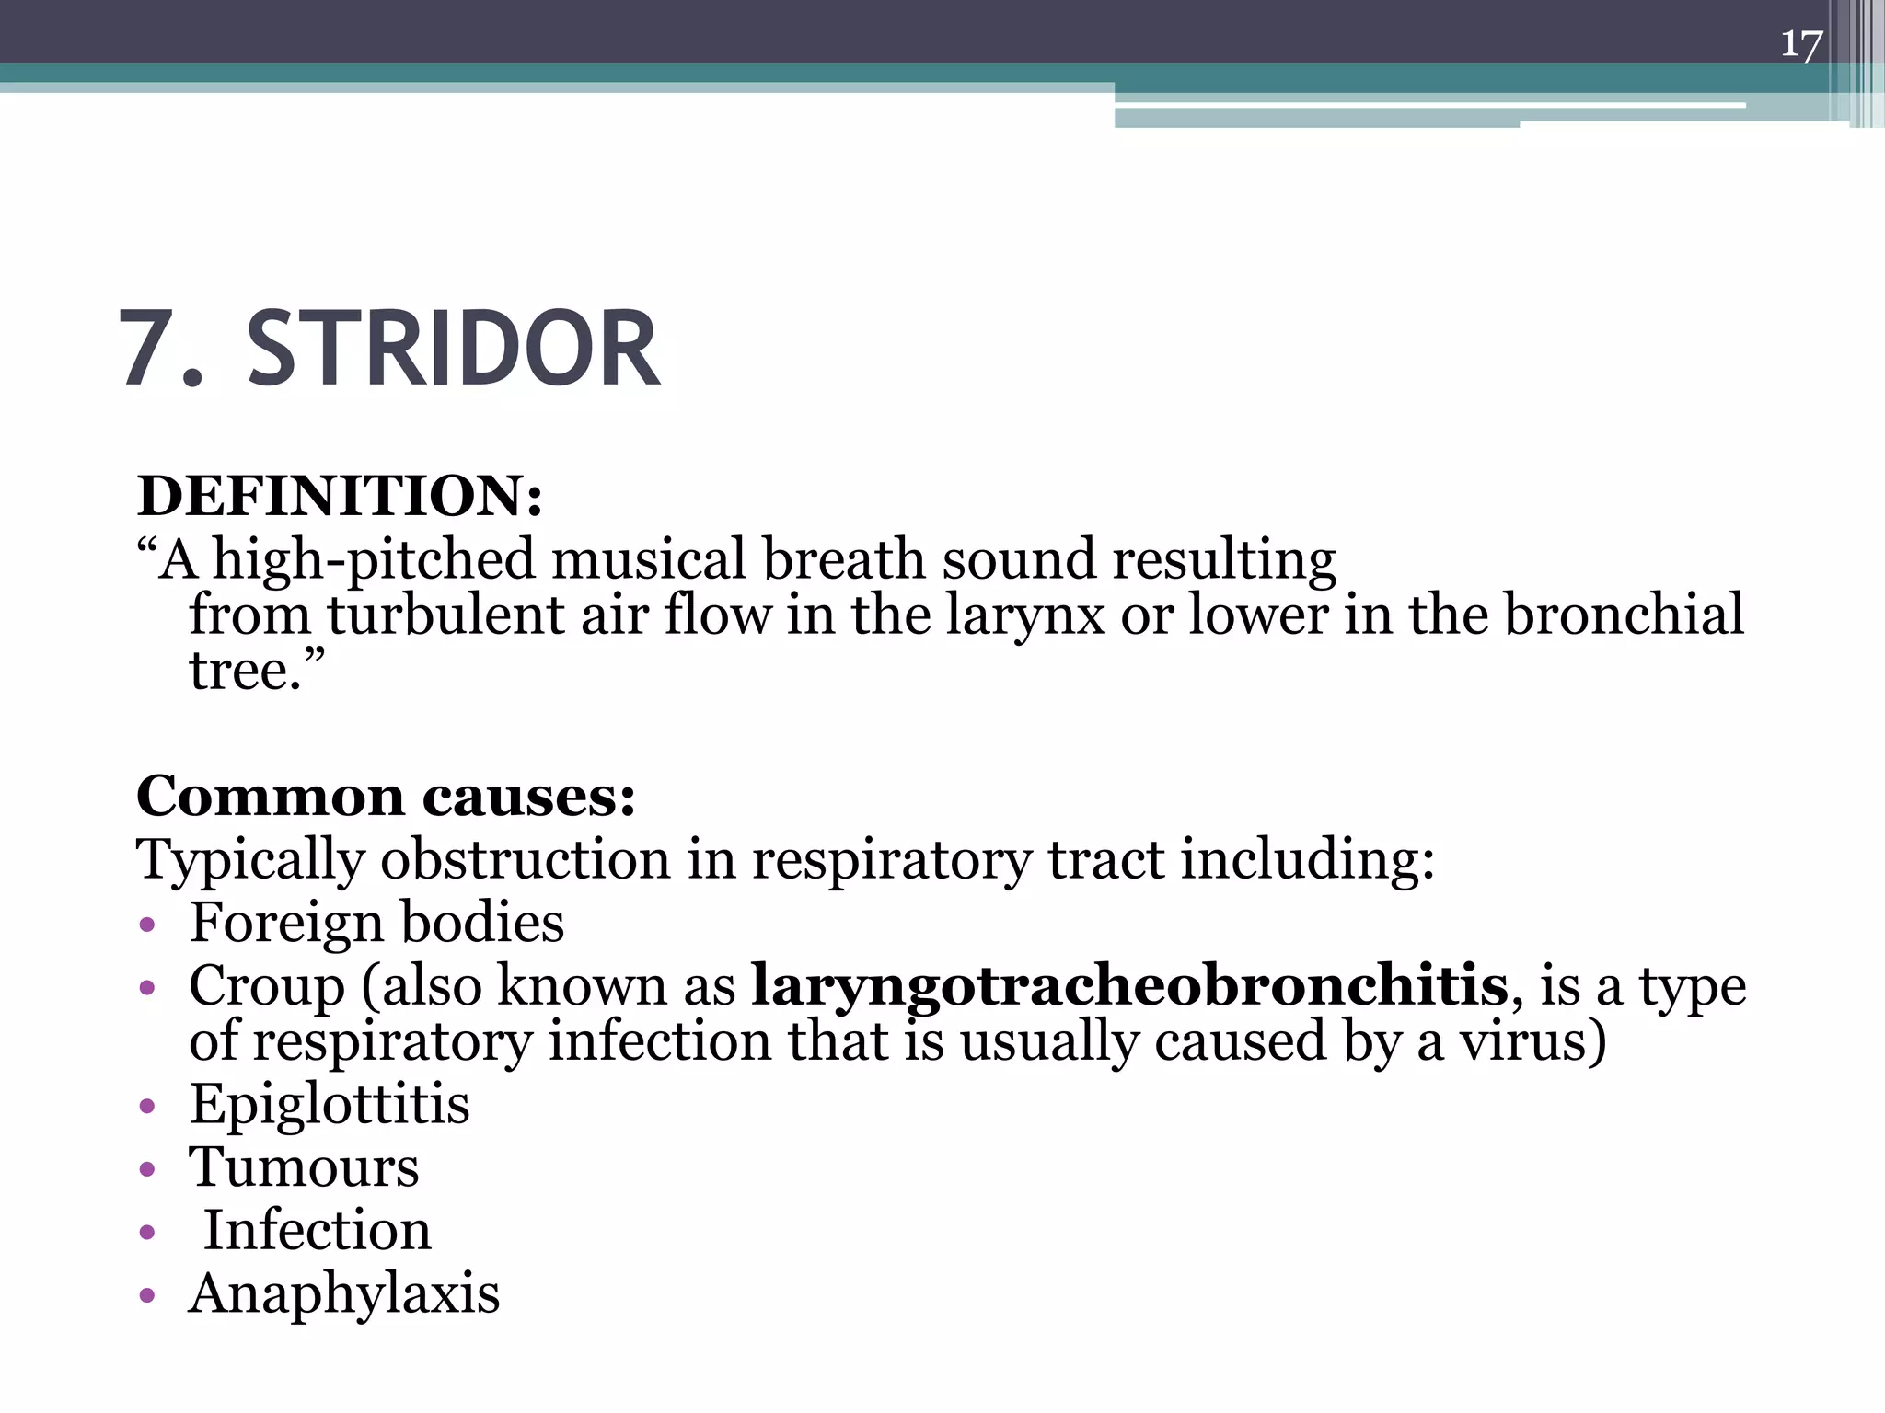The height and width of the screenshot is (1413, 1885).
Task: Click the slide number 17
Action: click(x=1800, y=44)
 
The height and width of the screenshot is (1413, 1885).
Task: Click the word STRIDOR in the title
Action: click(x=453, y=350)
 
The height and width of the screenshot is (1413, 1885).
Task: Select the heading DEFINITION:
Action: click(x=340, y=496)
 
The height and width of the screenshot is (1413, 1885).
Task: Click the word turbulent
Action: click(x=445, y=615)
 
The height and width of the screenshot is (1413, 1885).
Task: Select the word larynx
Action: click(x=1024, y=615)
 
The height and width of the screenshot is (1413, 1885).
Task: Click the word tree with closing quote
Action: click(x=257, y=670)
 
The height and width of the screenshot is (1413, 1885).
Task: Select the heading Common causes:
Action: click(x=386, y=796)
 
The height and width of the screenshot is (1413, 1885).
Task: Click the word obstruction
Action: click(x=526, y=860)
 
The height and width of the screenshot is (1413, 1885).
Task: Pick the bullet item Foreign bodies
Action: click(x=376, y=923)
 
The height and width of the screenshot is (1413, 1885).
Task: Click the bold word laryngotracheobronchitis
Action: click(x=1129, y=986)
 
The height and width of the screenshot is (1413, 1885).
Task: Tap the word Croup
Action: click(x=266, y=986)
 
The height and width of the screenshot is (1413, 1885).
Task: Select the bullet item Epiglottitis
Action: click(x=329, y=1104)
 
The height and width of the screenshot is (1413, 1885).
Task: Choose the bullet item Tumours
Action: click(x=304, y=1167)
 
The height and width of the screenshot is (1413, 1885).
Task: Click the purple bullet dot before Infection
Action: click(x=146, y=1233)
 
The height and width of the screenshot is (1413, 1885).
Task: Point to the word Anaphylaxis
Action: click(x=344, y=1294)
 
